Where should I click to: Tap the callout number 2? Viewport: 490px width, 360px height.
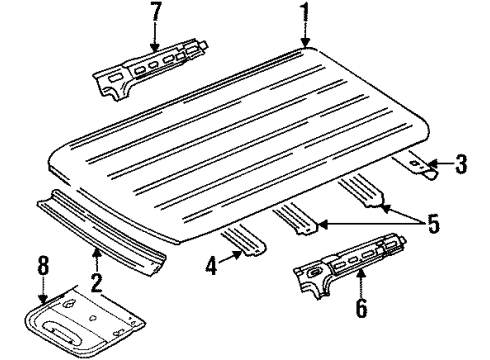pos(96,282)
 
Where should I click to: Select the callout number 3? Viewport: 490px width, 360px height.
pos(460,164)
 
